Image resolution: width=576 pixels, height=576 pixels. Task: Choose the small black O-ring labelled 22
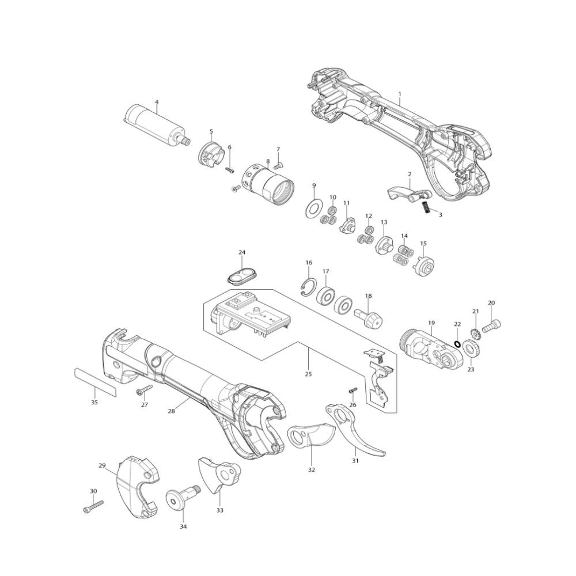(457, 343)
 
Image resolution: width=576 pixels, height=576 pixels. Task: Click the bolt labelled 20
(491, 326)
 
